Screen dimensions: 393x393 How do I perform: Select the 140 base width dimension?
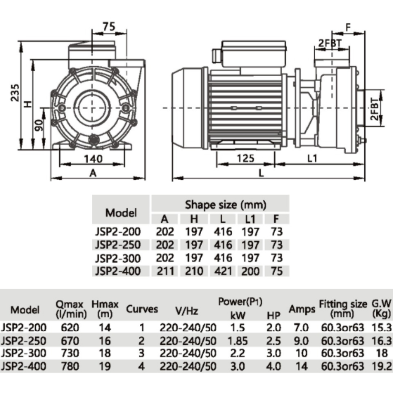click(x=94, y=159)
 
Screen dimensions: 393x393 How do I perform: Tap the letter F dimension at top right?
click(x=348, y=27)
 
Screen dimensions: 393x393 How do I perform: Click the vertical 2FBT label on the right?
click(x=375, y=109)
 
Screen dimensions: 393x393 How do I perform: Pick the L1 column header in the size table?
click(x=250, y=219)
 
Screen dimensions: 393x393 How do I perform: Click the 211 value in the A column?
click(x=165, y=271)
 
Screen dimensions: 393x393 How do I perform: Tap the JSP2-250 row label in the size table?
click(x=118, y=245)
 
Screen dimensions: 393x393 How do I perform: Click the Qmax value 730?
click(x=71, y=353)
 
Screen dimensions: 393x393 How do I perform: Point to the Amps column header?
click(x=302, y=310)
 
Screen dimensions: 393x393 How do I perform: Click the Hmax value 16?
click(x=105, y=341)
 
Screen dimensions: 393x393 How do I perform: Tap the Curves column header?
click(x=142, y=310)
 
